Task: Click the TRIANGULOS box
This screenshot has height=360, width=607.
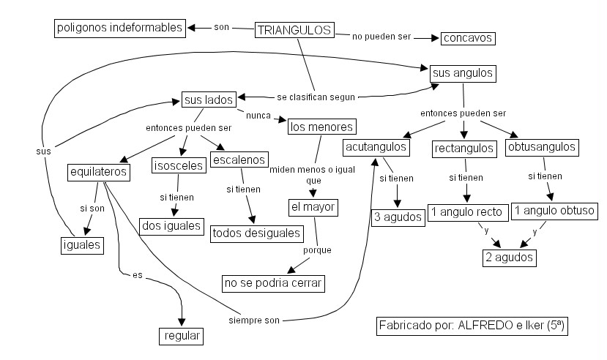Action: (294, 30)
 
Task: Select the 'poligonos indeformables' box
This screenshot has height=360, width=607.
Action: (118, 29)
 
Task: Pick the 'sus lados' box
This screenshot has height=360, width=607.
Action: (209, 99)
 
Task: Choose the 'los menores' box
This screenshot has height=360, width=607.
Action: (321, 127)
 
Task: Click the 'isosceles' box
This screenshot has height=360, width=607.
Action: (177, 166)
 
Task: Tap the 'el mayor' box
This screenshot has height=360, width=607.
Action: (312, 207)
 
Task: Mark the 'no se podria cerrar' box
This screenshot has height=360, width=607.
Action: (273, 282)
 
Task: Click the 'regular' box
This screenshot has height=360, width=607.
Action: (180, 337)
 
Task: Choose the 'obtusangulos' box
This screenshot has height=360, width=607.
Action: (541, 147)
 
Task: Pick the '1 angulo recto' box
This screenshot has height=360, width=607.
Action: (467, 212)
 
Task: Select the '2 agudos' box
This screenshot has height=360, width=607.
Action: (509, 258)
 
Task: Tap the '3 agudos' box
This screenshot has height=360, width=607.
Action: (398, 217)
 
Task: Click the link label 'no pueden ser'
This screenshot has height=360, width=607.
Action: (382, 35)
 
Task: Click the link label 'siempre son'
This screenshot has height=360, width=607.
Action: (256, 320)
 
